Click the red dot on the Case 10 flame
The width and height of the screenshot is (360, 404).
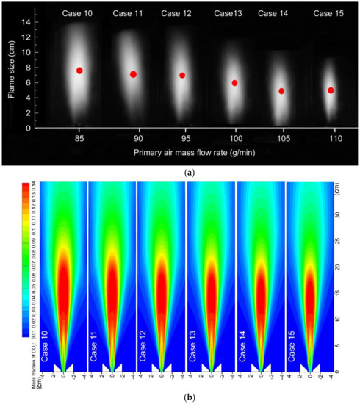[x=79, y=71]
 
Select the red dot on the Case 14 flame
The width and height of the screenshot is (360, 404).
[x=281, y=91]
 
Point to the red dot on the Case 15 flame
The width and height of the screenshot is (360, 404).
[x=331, y=90]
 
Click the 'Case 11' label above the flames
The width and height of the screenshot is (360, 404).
[x=129, y=14]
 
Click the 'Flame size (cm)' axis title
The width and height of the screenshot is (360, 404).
[x=10, y=66]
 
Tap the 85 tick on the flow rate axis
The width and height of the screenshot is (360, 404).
[x=78, y=138]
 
